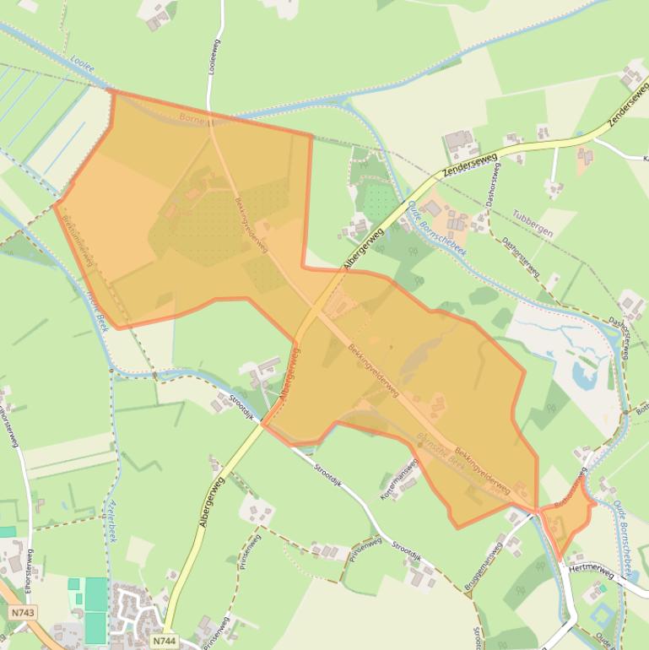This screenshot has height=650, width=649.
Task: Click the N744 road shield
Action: (166, 642)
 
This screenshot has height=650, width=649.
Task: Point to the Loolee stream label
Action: (83, 64)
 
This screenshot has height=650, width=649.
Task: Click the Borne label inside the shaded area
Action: (192, 119)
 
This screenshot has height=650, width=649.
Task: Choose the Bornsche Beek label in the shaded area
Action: (441, 448)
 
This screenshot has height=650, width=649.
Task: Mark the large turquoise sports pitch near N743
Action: (95, 609)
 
